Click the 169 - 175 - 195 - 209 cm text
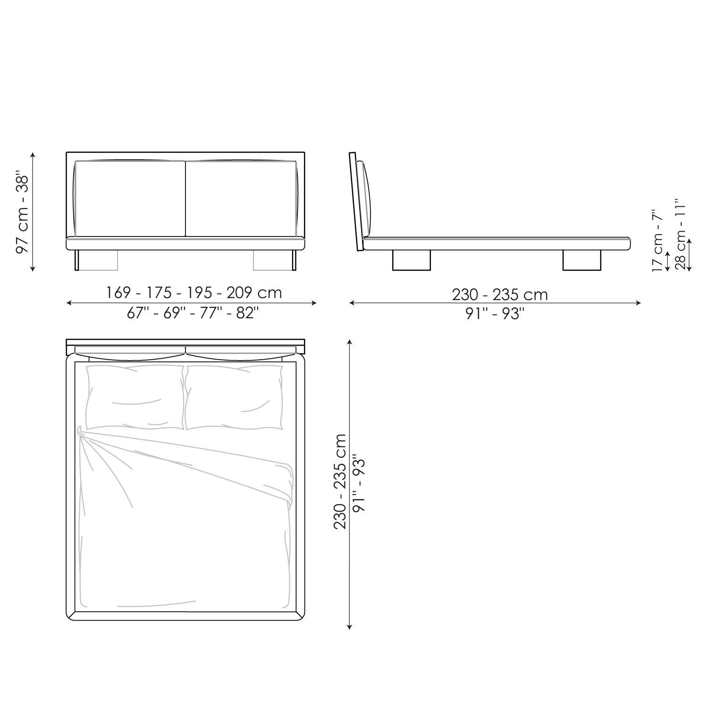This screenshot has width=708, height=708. pos(194,293)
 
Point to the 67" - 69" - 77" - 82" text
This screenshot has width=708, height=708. pos(193,313)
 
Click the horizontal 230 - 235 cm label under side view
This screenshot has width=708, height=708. pos(500,295)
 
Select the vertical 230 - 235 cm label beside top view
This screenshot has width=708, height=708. pos(340,481)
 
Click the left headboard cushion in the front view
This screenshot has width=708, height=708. pos(130,198)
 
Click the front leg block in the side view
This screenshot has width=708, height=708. pos(582,260)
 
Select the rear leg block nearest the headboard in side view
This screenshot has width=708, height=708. pos(411,260)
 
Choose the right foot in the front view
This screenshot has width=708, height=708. pos(274,260)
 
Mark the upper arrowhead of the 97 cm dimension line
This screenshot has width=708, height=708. pos(33,155)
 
